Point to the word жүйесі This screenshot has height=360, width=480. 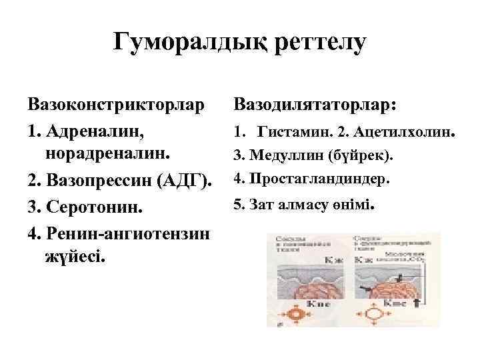pos(75,255)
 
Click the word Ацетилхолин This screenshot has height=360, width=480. pos(405,133)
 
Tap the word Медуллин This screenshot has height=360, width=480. pos(287,156)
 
